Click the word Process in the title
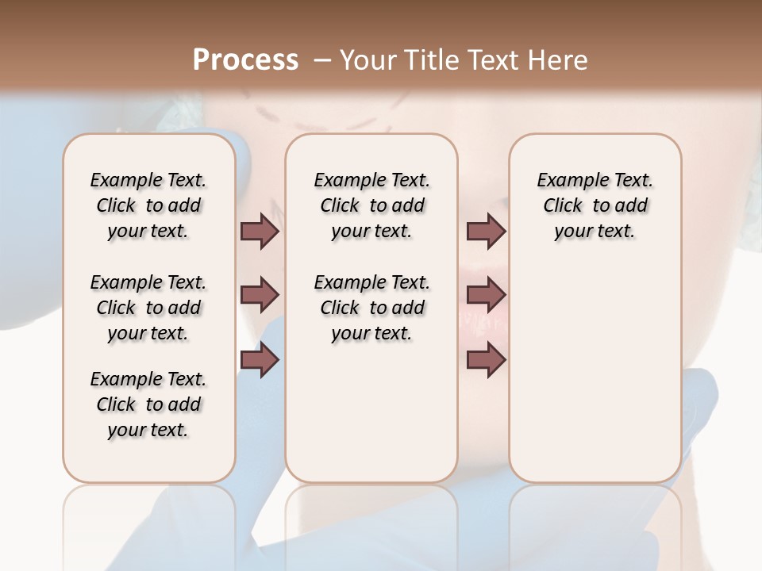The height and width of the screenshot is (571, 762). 245,60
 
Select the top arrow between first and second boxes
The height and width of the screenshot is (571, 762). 260,232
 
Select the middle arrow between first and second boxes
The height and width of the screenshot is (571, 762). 260,296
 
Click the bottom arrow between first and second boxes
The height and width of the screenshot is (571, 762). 260,360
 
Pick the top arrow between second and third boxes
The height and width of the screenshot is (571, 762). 486,232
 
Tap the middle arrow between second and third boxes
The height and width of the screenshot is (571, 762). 486,296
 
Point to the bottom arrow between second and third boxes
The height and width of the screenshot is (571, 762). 486,360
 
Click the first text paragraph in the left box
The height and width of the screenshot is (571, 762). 148,205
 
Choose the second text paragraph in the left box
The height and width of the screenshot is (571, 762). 148,308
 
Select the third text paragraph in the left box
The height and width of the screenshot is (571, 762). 148,404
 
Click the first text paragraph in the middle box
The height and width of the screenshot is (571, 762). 371,205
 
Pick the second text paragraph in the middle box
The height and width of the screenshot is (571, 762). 371,308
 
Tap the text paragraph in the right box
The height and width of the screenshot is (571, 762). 595,205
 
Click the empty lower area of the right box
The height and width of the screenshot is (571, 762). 595,373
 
